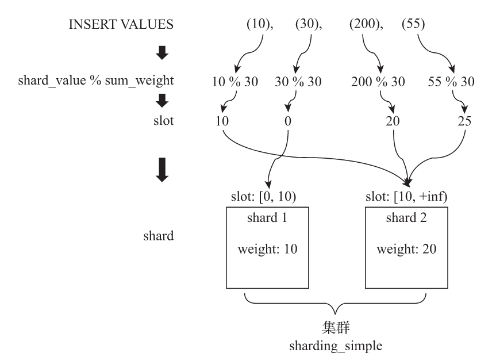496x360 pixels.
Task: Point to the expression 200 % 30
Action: [x=377, y=82]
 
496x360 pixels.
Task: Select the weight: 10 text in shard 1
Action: [x=266, y=250]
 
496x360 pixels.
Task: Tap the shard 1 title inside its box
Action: [x=266, y=219]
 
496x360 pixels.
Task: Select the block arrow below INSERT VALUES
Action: [x=163, y=53]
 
